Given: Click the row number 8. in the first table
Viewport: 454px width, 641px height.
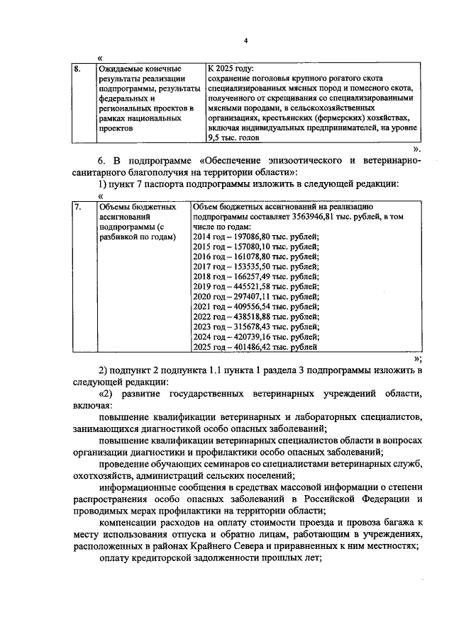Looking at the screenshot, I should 79,69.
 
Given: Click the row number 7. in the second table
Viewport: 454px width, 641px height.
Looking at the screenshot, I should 79,206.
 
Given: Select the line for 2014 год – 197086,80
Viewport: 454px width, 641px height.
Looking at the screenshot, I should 256,236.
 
